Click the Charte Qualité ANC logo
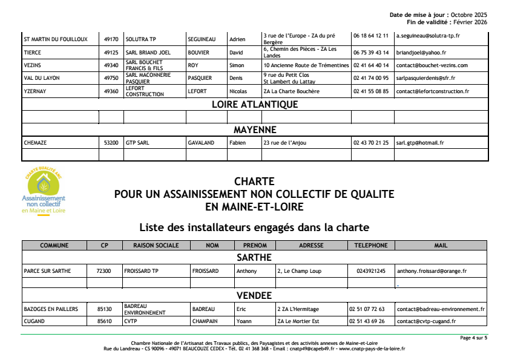tap(43, 192)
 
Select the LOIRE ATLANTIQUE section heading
tap(255, 104)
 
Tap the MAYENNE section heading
tap(255, 129)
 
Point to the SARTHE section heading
tap(254, 258)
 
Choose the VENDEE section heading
tap(254, 296)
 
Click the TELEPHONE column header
tap(371, 246)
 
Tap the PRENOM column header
tap(254, 246)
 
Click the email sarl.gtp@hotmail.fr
tap(420, 143)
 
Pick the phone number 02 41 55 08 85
tap(371, 91)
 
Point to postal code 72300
tap(103, 271)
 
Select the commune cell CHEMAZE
tap(35, 143)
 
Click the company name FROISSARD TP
tap(142, 271)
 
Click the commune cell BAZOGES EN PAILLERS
tap(51, 309)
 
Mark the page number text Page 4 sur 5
tap(473, 338)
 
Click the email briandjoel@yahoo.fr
tap(421, 53)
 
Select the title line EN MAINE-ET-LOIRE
tap(254, 207)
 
